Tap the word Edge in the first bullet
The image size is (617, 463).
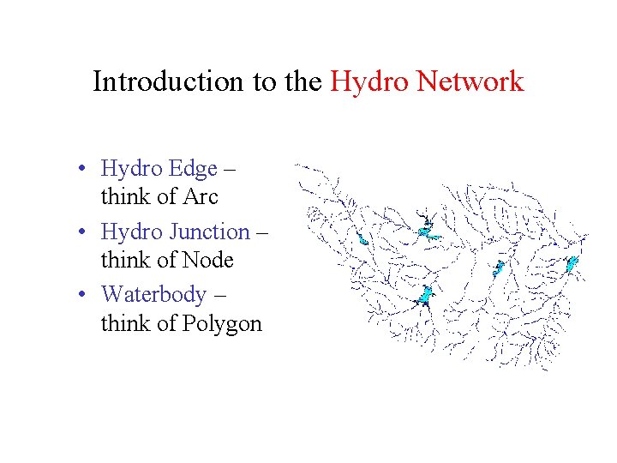click(194, 169)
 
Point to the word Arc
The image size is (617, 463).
click(201, 197)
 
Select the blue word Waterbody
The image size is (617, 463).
click(153, 294)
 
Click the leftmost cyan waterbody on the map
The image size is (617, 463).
click(363, 239)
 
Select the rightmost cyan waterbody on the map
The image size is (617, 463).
click(572, 263)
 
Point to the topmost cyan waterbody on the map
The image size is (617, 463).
click(427, 230)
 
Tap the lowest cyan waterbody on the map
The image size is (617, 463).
click(423, 297)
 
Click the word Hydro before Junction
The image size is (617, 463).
click(132, 231)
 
